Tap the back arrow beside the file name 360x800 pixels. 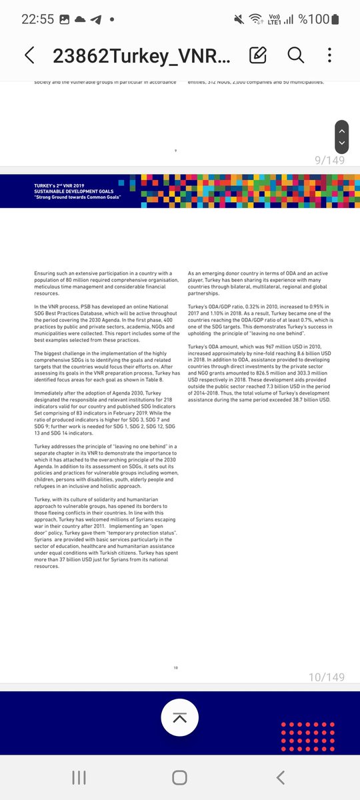pos(29,55)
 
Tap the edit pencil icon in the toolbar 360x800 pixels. pos(258,55)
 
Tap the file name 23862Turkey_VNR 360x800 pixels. pos(141,55)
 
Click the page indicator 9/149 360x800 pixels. pos(329,160)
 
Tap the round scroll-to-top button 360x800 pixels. pos(180,717)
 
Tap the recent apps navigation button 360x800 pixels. pos(79,777)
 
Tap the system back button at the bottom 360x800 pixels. pos(281,777)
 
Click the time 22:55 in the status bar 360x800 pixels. pos(37,19)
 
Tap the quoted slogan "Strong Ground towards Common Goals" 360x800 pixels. pos(78,198)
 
